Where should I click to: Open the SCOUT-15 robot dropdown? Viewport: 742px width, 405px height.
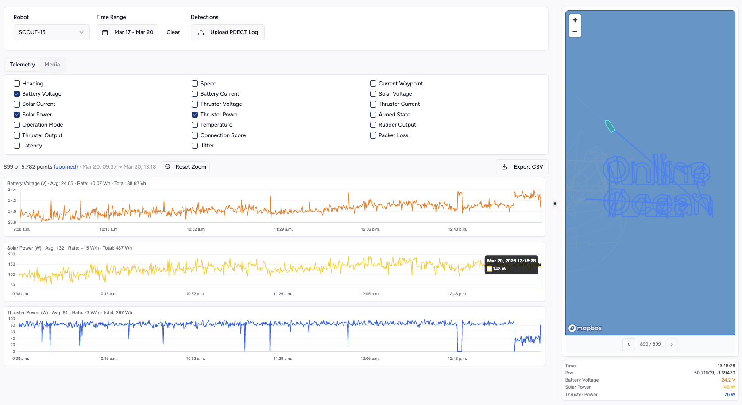51,32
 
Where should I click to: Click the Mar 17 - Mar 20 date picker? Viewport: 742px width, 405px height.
128,32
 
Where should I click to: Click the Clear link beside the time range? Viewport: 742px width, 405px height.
173,32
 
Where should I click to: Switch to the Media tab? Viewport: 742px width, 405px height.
52,65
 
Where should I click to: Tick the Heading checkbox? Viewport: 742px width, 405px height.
17,83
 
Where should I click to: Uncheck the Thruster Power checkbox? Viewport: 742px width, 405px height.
195,115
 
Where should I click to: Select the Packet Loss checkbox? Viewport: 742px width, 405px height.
373,135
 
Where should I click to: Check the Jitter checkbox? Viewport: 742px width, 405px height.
195,146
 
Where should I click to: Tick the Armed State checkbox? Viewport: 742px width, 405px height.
373,115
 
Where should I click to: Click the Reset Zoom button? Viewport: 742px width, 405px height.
185,167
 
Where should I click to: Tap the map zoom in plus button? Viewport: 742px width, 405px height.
575,20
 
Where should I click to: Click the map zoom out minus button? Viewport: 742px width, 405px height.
575,32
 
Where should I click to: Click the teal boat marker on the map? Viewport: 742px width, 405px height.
610,127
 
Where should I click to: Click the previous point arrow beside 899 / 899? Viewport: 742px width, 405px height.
629,344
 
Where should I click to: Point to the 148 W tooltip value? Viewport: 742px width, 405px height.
499,269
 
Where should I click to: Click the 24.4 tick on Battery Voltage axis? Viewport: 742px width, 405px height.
12,189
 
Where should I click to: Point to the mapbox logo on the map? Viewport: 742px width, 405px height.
585,328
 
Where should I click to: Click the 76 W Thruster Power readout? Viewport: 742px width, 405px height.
729,394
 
